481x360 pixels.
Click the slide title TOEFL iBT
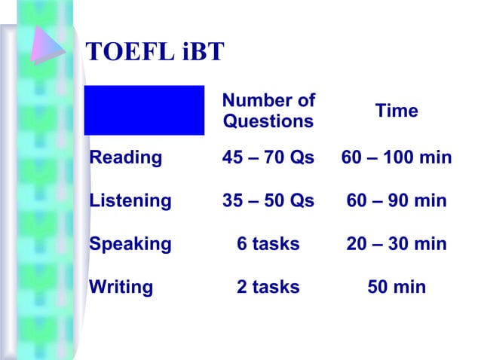(x=155, y=51)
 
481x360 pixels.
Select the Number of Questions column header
(x=268, y=111)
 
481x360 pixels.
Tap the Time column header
(x=397, y=111)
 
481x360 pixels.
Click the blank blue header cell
(x=144, y=110)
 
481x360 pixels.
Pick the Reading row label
(x=126, y=158)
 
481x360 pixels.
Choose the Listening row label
(x=130, y=201)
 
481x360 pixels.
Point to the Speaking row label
(x=130, y=244)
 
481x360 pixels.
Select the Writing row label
(x=121, y=287)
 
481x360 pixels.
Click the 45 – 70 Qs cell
(x=268, y=158)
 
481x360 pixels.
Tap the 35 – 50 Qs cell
(x=268, y=201)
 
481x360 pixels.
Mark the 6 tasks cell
(x=268, y=244)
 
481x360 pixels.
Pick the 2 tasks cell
(x=268, y=287)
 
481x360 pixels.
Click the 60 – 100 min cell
(x=397, y=158)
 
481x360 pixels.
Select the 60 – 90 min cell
(x=397, y=201)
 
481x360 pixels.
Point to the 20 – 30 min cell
(x=397, y=244)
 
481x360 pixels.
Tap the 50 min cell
(x=397, y=287)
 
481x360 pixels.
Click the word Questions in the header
(x=268, y=121)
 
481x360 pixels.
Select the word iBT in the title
(x=201, y=51)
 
